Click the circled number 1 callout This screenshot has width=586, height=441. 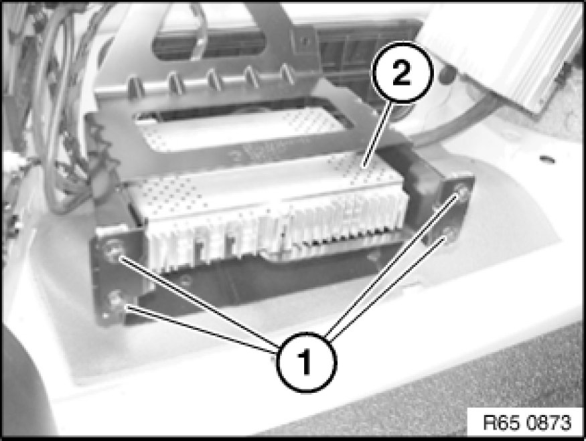coord(306,362)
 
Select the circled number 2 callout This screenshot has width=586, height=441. coord(402,72)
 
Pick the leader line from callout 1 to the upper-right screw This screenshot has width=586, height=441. coord(392,264)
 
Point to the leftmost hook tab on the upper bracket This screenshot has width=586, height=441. coord(136,86)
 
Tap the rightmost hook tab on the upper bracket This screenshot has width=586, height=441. coord(287,74)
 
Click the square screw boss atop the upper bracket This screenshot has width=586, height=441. coord(305,40)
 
